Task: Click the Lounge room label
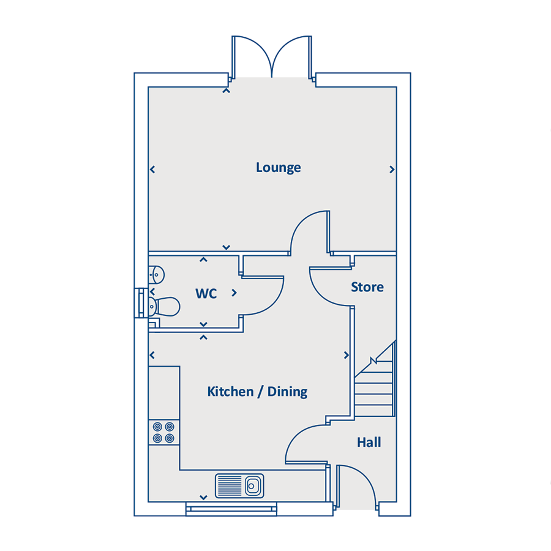pos(279,168)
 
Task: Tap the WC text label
pos(206,293)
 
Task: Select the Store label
pos(367,287)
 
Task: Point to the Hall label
pos(369,442)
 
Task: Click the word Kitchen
pos(231,391)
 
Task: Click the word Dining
pos(288,392)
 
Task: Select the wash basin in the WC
pos(156,274)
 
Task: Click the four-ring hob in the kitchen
pos(163,433)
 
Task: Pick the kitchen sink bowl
pos(253,486)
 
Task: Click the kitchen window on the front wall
pos(231,509)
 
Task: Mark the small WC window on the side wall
pos(141,303)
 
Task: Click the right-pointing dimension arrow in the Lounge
pos(392,170)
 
